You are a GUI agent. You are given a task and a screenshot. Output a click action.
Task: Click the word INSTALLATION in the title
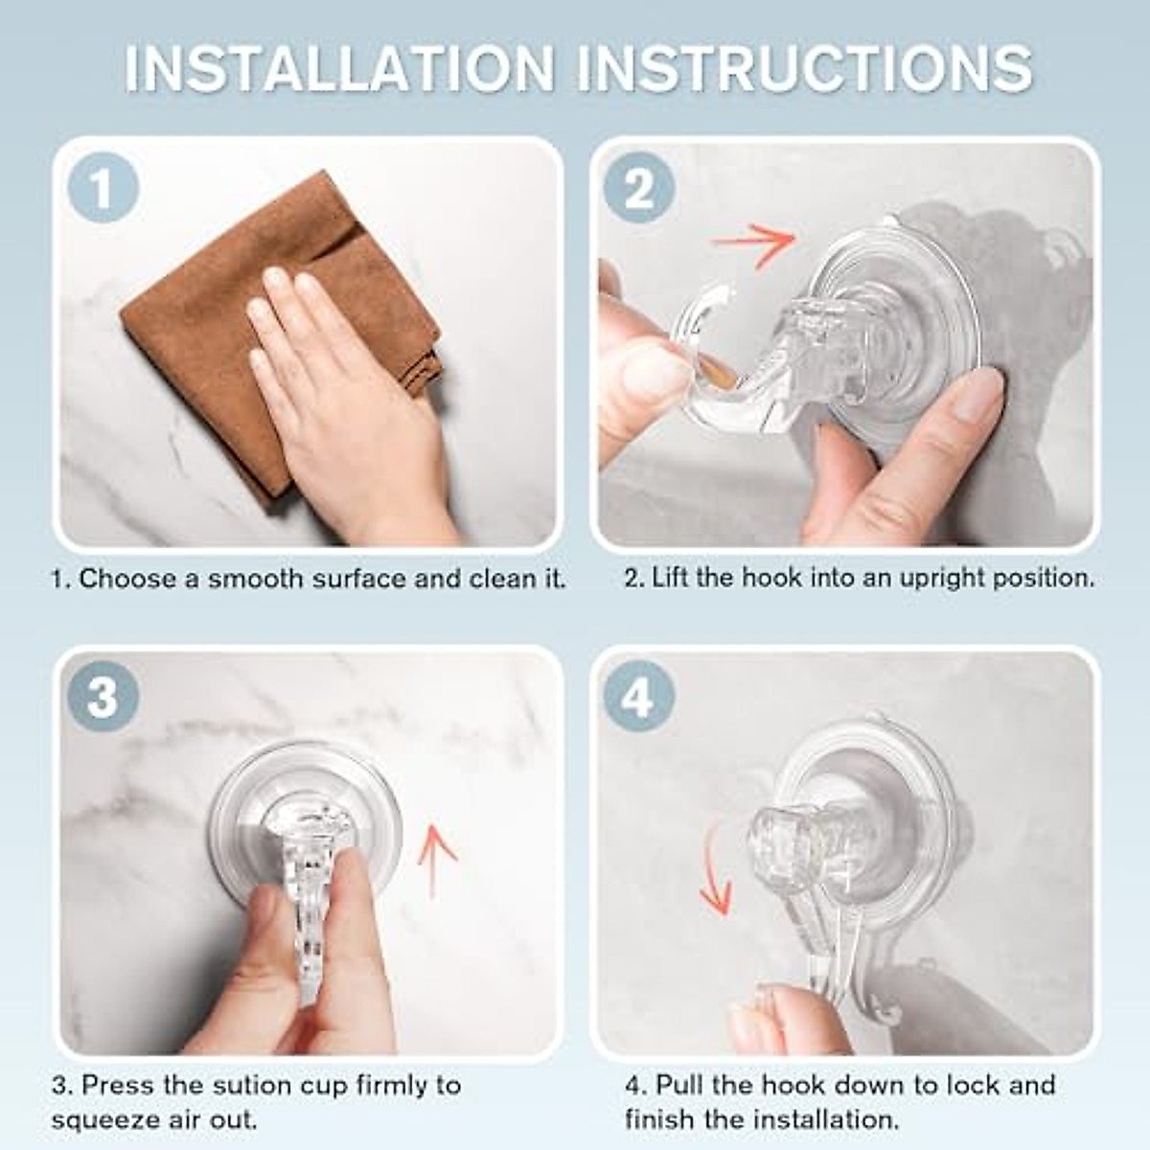[340, 68]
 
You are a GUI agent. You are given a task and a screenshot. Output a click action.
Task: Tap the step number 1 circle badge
[103, 189]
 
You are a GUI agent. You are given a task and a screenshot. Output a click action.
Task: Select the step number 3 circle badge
[103, 697]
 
